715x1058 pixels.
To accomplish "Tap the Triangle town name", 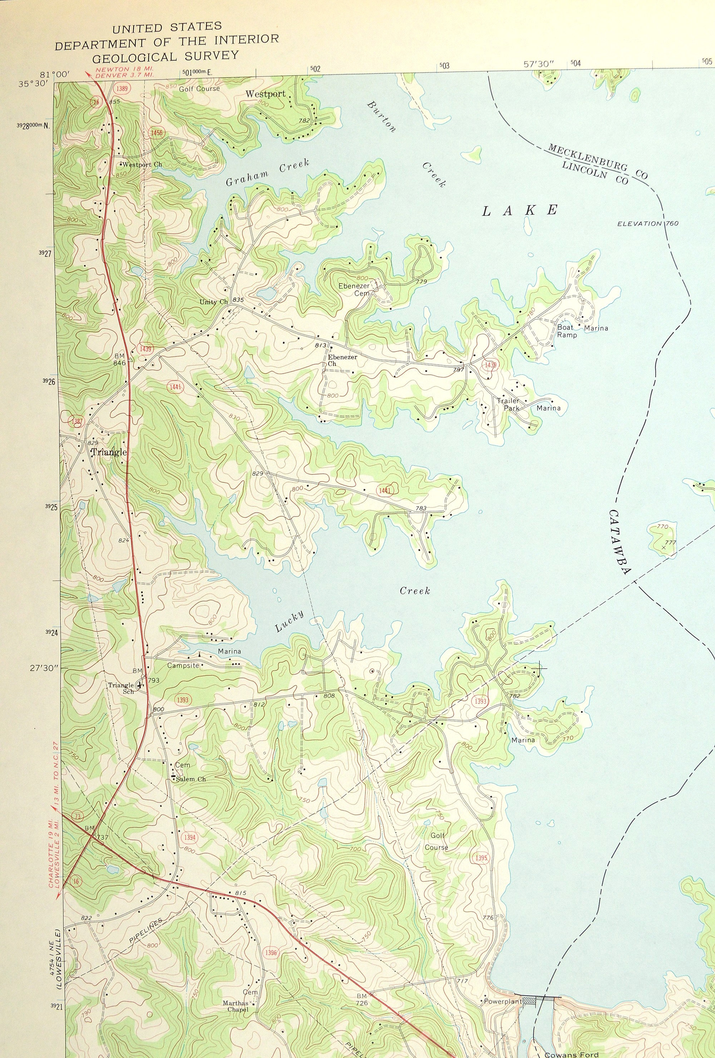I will click(x=109, y=452).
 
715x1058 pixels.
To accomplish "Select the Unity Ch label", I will click(x=213, y=302).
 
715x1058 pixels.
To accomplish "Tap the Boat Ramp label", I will click(x=567, y=331).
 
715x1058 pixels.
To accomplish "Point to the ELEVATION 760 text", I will click(x=648, y=223).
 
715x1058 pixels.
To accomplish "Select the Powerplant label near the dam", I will click(x=502, y=1002).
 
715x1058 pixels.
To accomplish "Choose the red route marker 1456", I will click(x=156, y=133).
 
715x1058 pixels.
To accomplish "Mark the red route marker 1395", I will click(x=481, y=858).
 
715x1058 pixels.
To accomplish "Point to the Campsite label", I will click(x=183, y=665).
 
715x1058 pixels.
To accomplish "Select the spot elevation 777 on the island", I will click(x=670, y=543).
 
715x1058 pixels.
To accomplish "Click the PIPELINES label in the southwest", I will click(x=145, y=929).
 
